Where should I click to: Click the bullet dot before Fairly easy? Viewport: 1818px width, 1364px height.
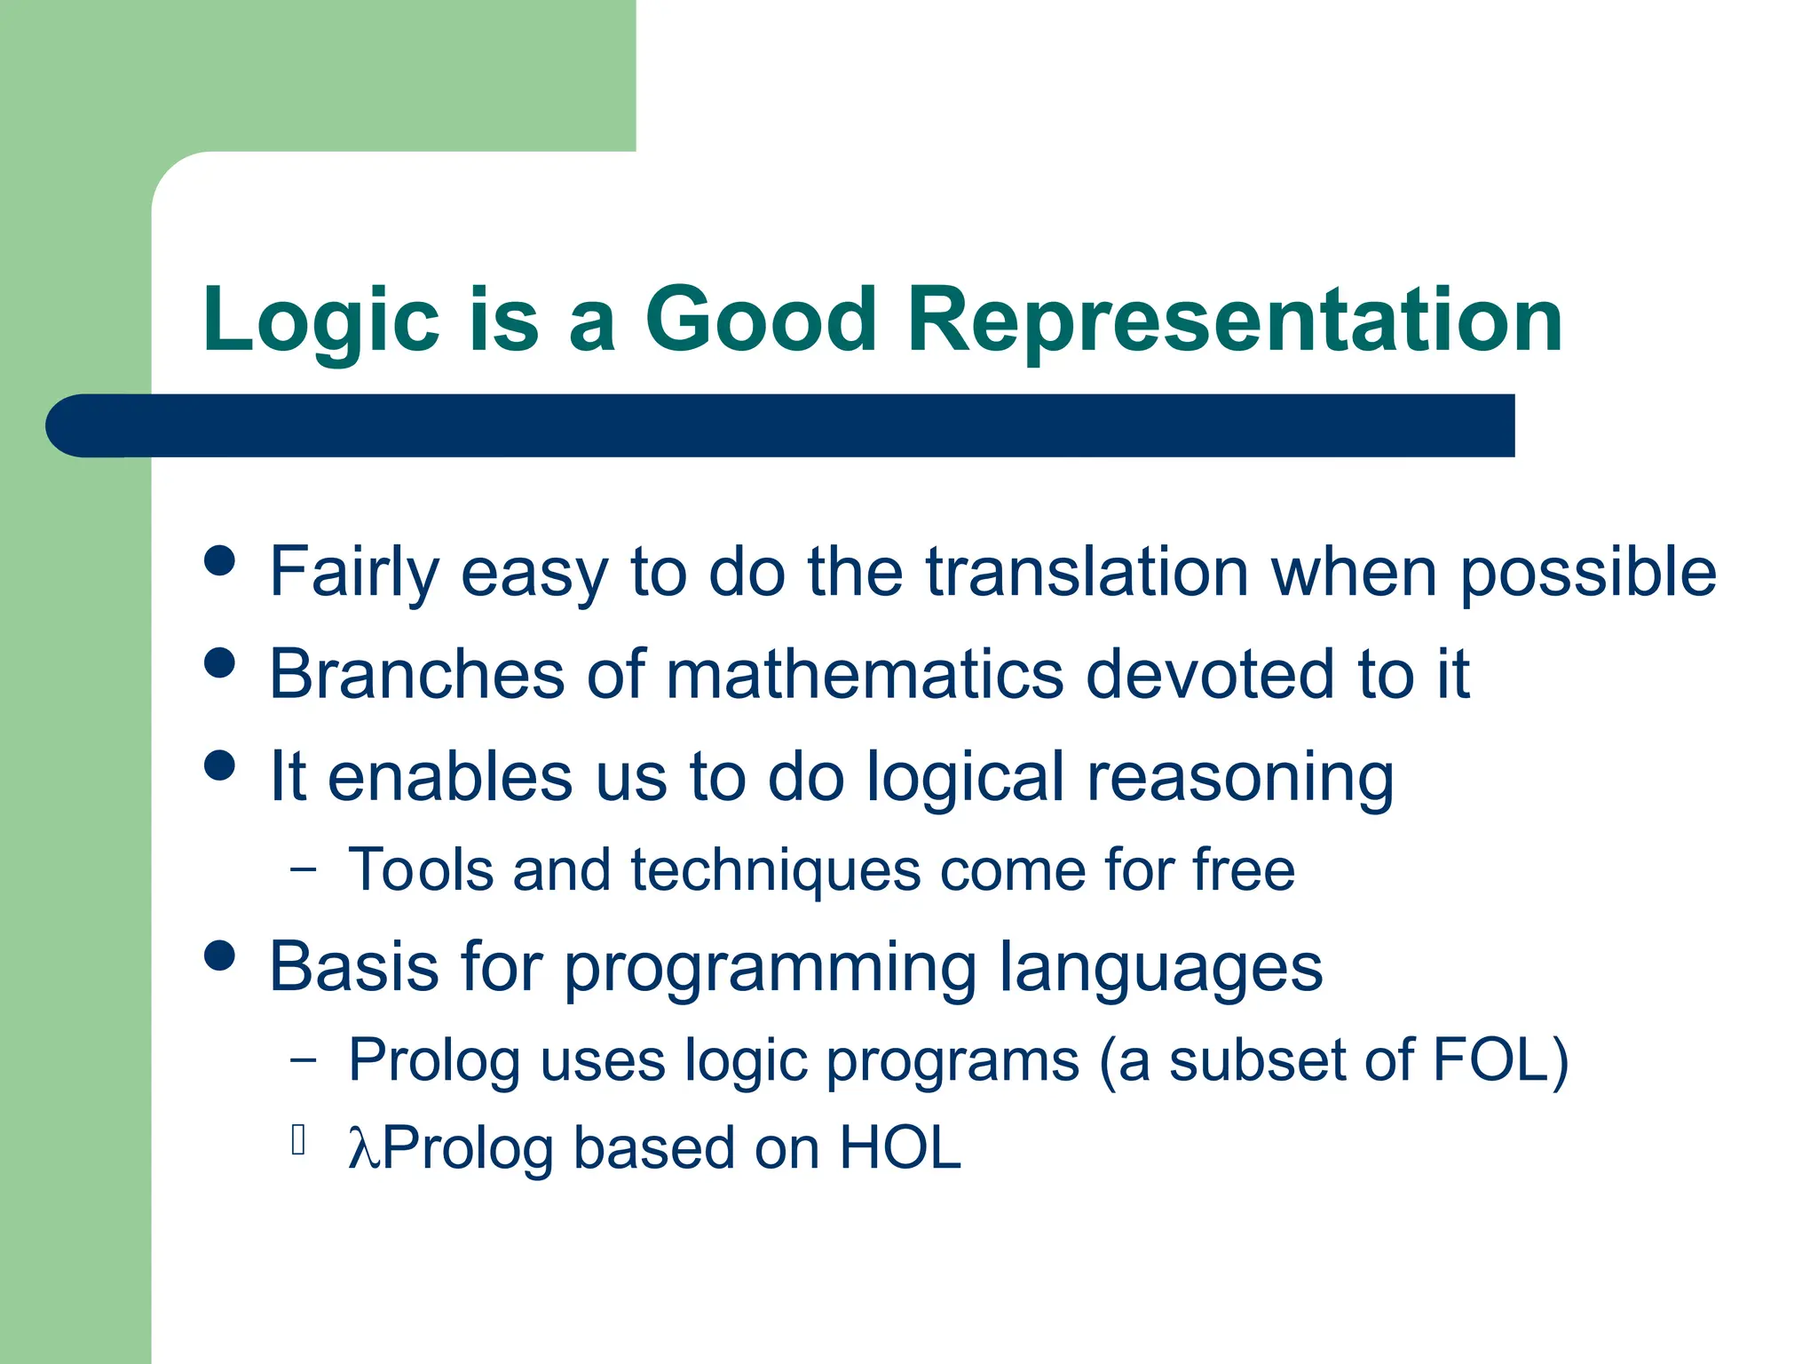click(219, 560)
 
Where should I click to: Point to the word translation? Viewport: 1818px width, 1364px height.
click(1087, 572)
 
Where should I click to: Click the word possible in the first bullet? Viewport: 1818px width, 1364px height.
click(1588, 574)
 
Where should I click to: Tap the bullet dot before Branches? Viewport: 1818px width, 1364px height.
click(219, 662)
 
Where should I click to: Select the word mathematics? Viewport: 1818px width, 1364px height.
click(865, 675)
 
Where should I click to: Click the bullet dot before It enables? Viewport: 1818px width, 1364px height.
click(219, 765)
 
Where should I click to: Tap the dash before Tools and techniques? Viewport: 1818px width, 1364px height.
click(303, 868)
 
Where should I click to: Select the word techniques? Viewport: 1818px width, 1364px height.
click(776, 870)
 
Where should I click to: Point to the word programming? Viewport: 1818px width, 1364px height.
click(770, 969)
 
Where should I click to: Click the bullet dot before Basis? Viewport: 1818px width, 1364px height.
click(219, 956)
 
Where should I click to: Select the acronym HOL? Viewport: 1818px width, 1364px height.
click(899, 1148)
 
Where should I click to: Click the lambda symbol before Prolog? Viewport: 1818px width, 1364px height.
click(363, 1149)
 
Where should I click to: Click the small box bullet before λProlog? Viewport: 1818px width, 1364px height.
click(298, 1139)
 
